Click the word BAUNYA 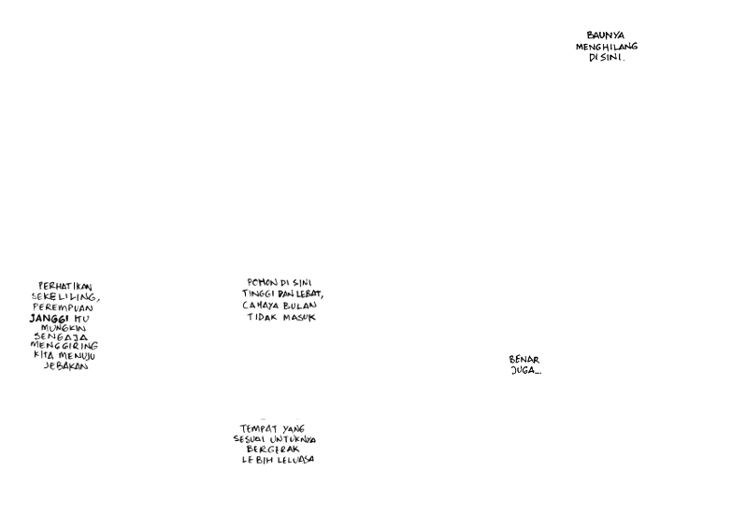(x=605, y=36)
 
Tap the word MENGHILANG (x=606, y=47)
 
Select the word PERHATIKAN (x=65, y=287)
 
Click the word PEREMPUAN (x=64, y=307)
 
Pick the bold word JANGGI (x=50, y=319)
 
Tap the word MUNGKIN (x=64, y=328)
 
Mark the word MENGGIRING (x=64, y=347)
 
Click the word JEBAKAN (x=65, y=366)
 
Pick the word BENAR (x=524, y=360)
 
